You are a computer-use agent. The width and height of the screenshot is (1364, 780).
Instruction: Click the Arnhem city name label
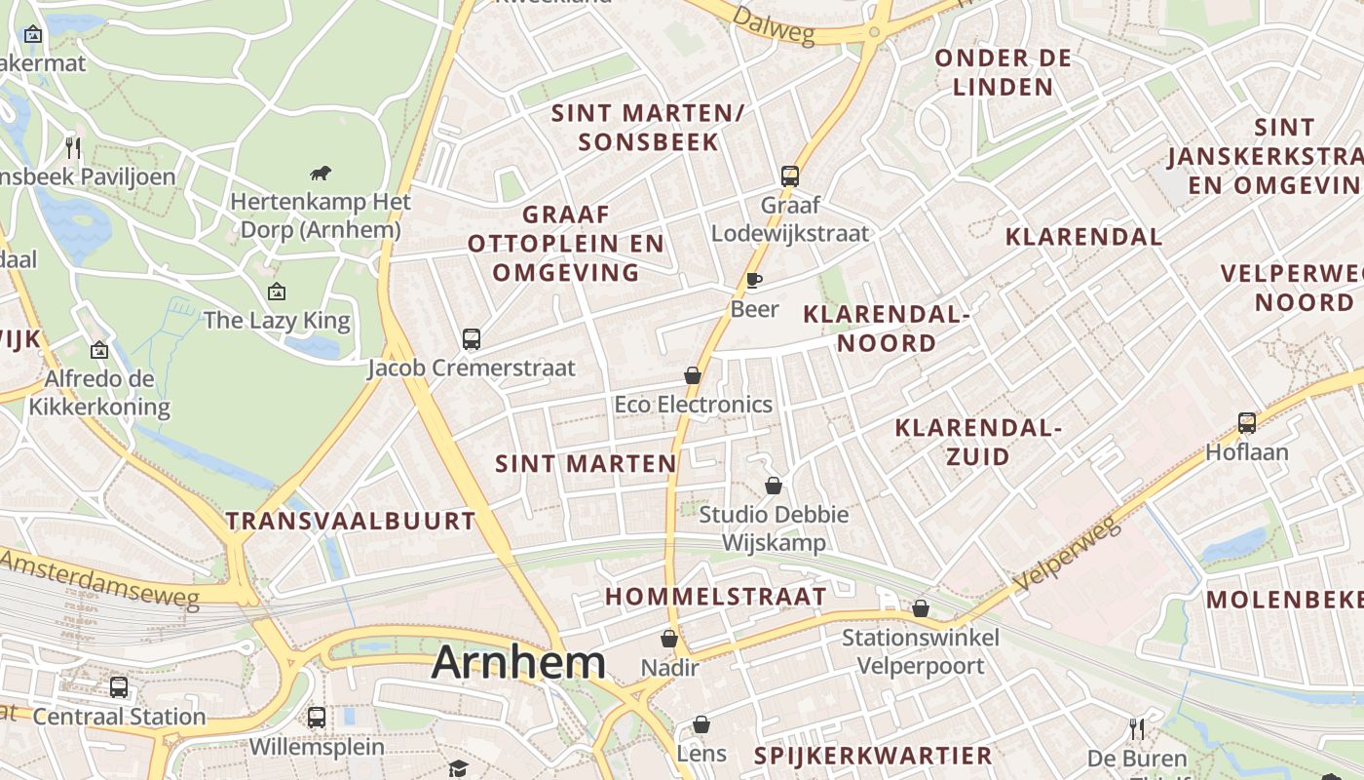(518, 663)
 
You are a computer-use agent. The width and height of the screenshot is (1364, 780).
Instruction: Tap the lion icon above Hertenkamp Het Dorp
(321, 174)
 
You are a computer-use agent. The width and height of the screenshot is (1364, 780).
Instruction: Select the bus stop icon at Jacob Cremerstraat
(472, 339)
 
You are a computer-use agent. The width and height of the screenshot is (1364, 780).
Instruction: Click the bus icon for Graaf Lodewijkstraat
(790, 176)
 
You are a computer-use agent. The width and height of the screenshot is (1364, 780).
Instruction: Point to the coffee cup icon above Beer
(754, 281)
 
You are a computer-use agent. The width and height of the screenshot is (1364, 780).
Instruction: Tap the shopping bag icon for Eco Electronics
(693, 375)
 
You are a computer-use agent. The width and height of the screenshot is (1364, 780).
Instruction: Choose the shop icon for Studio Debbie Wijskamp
(774, 486)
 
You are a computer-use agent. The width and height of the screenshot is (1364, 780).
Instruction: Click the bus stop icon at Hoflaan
(1247, 423)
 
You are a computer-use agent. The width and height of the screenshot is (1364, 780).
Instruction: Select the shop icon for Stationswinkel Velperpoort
(921, 609)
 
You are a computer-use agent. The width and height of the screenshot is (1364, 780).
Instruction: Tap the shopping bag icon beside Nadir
(669, 639)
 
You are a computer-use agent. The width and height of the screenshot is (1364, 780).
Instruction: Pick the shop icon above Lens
(701, 724)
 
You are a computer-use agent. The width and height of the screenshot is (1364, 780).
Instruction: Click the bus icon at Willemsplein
(317, 718)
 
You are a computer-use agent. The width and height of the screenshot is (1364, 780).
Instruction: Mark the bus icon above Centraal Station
(119, 687)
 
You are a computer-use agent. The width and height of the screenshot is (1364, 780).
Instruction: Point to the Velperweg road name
(1068, 555)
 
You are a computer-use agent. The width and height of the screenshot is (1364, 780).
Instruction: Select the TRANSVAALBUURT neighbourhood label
(351, 521)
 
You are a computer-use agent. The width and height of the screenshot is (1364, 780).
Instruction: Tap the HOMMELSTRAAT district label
(716, 596)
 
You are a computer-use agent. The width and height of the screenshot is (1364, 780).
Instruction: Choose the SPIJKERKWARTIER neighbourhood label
(873, 755)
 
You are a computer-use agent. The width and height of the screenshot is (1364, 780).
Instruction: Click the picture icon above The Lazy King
(277, 291)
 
